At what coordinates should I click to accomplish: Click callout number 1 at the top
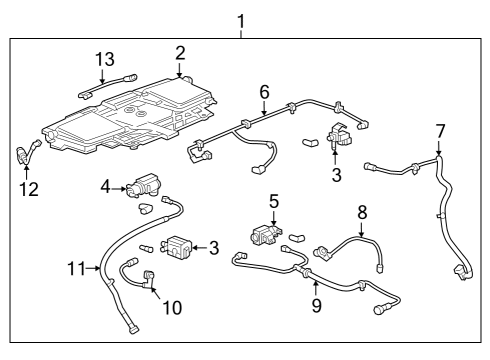239,19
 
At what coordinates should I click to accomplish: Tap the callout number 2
180,52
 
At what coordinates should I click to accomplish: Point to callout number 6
264,91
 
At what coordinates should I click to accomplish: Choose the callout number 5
273,201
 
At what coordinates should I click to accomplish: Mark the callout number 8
362,212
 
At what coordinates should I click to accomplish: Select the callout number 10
172,308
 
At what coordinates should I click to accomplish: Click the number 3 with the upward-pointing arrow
337,175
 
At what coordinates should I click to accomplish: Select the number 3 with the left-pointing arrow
212,247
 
